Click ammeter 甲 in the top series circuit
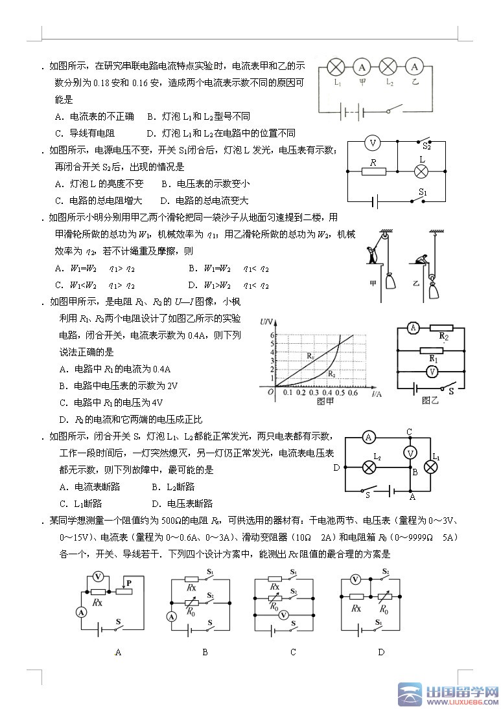(x=362, y=67)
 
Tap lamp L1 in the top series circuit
(x=336, y=67)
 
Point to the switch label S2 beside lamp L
(x=426, y=147)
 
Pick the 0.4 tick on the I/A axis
(x=327, y=392)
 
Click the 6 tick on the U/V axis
(x=275, y=335)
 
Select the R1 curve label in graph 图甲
(x=310, y=355)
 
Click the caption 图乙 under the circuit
(x=430, y=401)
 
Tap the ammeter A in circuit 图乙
(x=412, y=329)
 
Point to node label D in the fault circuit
(x=336, y=467)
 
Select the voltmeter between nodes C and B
(x=410, y=453)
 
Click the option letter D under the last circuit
(x=381, y=652)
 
